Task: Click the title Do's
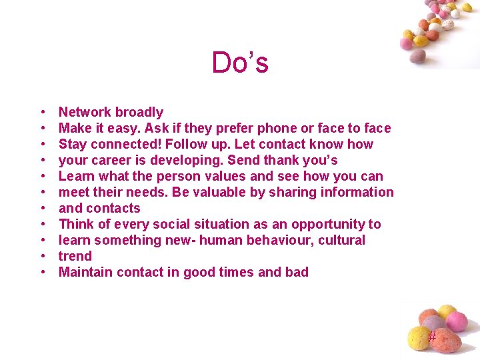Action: coord(240,63)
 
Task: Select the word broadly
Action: coord(139,112)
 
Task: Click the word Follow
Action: coord(187,144)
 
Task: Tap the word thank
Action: coord(285,160)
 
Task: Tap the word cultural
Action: coord(340,240)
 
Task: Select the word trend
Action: coord(75,256)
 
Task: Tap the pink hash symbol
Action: coord(432,337)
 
